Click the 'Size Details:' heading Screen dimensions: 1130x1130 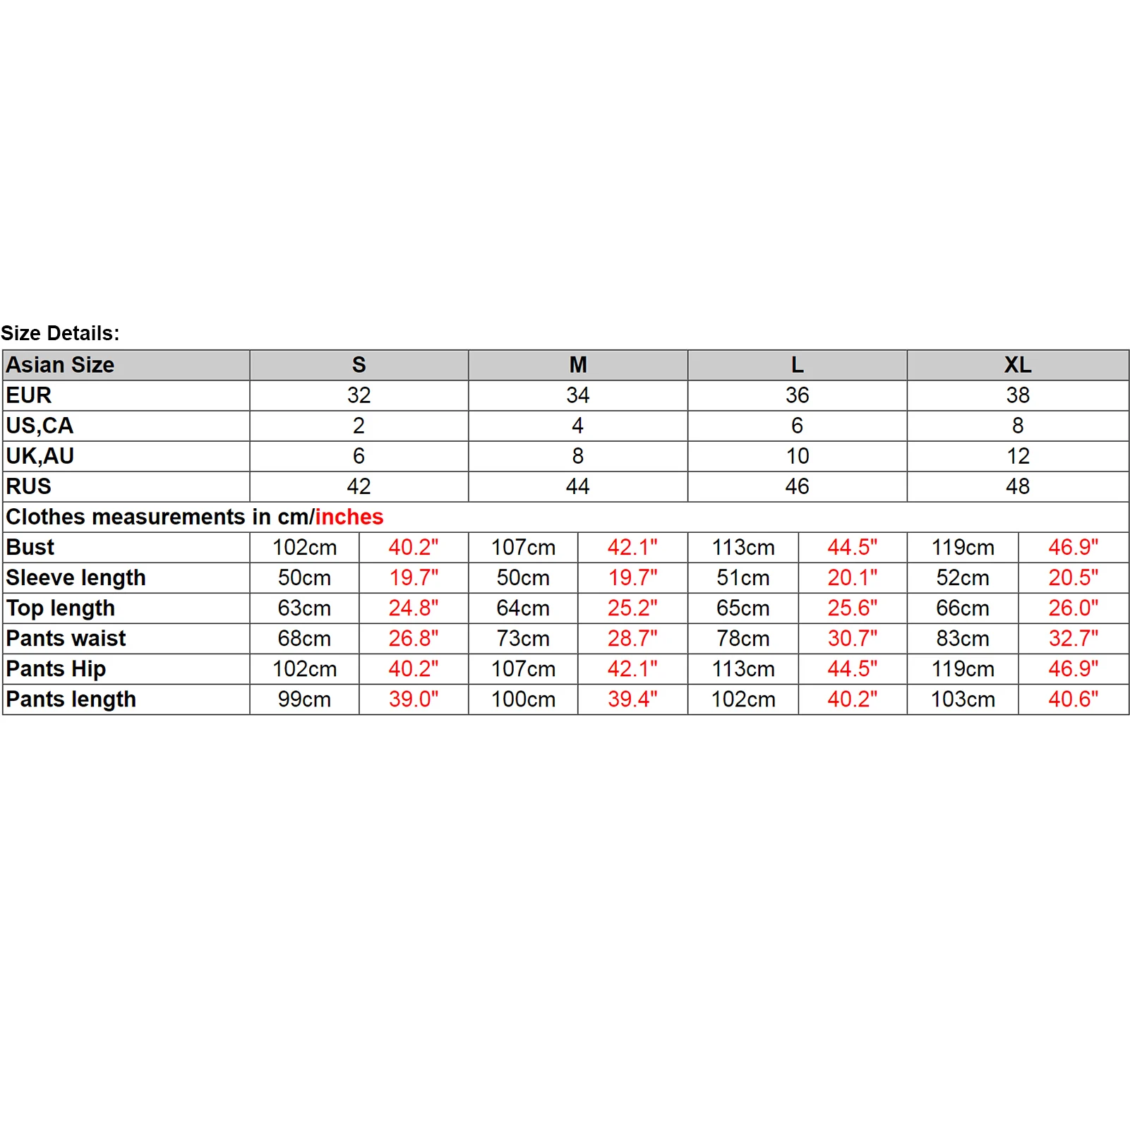click(60, 333)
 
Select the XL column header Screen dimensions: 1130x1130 click(1017, 365)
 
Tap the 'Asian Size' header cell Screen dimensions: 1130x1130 click(60, 365)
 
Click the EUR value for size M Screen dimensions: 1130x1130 click(577, 395)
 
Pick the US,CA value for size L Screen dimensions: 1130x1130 click(797, 426)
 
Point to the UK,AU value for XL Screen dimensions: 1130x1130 click(1017, 456)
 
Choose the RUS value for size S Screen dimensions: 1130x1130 click(359, 486)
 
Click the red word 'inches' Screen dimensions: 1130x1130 click(349, 517)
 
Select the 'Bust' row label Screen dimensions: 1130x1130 click(30, 547)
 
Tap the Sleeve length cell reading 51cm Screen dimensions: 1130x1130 click(743, 577)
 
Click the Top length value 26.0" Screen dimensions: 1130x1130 click(1073, 608)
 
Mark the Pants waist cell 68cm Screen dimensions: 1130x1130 click(304, 638)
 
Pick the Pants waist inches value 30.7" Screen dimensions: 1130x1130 click(852, 638)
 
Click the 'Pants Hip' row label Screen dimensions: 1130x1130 click(56, 668)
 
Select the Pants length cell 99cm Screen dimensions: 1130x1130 click(304, 699)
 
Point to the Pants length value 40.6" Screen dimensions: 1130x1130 click(1073, 699)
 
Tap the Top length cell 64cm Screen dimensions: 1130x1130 click(523, 608)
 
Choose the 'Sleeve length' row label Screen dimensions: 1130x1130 click(76, 577)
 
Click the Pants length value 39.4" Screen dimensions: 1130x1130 click(632, 699)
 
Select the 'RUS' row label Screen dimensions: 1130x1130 click(29, 486)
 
